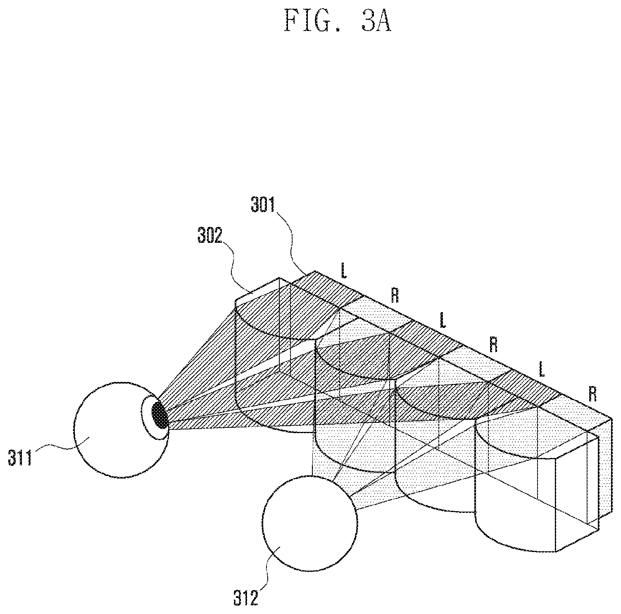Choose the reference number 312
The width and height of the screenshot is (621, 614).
[x=245, y=598]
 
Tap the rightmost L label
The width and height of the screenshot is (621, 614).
[x=541, y=369]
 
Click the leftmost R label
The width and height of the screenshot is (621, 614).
[x=395, y=295]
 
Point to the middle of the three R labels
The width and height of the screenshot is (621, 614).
[x=493, y=344]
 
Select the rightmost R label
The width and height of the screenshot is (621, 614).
[x=592, y=394]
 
